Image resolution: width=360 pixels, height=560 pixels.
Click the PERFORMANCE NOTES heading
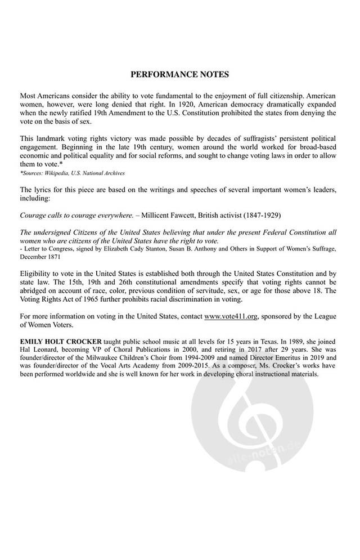[179, 74]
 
